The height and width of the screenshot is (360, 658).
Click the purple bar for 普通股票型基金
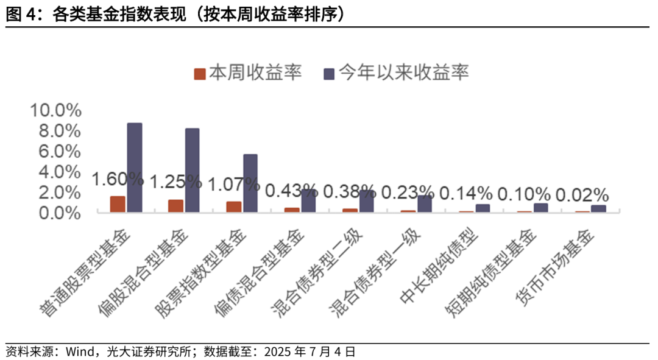click(135, 168)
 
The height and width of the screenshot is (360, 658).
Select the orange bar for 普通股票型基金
click(118, 204)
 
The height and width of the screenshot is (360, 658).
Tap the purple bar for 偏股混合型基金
click(193, 170)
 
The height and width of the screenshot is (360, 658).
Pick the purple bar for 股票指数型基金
click(250, 183)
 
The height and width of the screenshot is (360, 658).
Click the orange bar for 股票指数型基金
click(234, 206)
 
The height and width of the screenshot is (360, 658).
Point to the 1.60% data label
click(118, 179)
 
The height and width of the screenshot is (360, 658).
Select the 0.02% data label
click(582, 196)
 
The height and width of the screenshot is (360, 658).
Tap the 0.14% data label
click(466, 194)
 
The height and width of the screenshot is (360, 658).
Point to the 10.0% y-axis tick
click(56, 110)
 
